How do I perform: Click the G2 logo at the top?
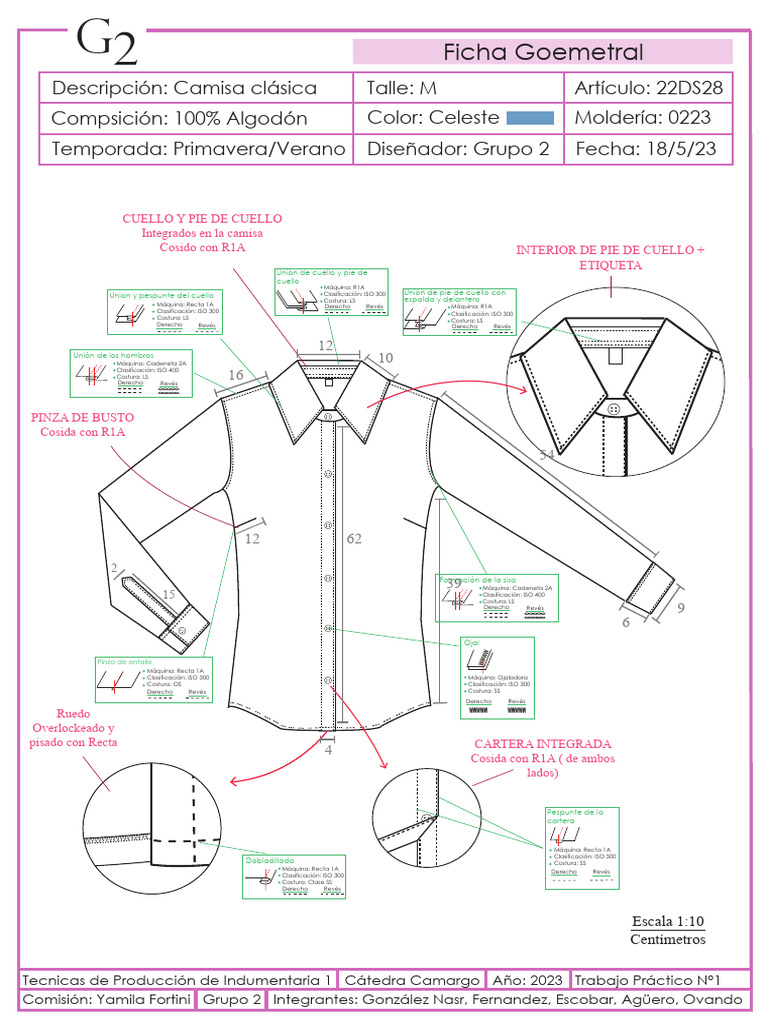pos(106,43)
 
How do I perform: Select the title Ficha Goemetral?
pos(543,52)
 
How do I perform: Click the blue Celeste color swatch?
pos(530,118)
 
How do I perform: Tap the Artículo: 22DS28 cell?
pos(648,88)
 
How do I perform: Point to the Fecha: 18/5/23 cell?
pos(648,149)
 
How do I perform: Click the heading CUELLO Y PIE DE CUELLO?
pos(202,218)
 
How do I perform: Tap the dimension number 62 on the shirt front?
pos(354,539)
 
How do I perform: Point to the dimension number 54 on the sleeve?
pos(547,455)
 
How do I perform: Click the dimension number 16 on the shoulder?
pos(236,375)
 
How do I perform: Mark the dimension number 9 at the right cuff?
pos(681,606)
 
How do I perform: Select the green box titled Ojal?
pos(497,677)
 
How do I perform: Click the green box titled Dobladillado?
pos(296,876)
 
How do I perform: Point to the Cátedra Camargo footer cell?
pos(412,980)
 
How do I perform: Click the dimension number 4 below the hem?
pos(328,753)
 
